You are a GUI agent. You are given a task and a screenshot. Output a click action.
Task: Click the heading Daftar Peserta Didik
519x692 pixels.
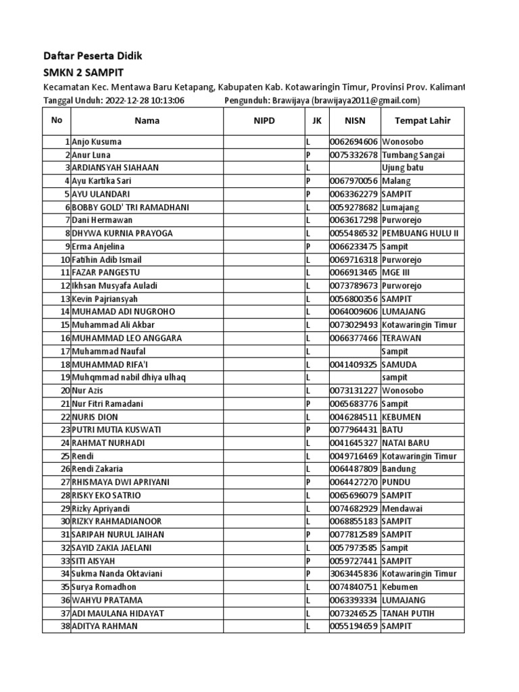coord(93,55)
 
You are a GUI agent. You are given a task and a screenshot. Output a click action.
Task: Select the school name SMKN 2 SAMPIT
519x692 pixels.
coord(83,72)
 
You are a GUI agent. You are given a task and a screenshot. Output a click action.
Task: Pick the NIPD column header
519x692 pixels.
coord(264,121)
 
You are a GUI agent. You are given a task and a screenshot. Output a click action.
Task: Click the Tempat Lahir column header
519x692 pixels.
coord(422,121)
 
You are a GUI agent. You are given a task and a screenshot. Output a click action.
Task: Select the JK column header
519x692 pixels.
coord(316,121)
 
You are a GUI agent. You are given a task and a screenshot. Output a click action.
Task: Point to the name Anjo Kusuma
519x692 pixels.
coord(97,142)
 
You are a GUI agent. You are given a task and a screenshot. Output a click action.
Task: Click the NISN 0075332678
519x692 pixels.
coord(354,155)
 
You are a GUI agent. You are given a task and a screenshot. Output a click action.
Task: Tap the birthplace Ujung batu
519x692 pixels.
coord(403,168)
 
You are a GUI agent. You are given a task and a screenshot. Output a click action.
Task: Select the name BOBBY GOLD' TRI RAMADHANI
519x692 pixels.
coord(130,207)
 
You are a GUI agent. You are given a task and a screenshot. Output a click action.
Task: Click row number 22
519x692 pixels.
coord(65,416)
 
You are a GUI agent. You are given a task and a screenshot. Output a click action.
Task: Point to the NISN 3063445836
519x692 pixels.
coord(354,574)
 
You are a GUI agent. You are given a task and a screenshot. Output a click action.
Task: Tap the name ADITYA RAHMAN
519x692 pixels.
coord(104,626)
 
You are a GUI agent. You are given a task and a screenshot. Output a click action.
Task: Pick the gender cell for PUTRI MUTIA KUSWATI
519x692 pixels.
coord(308,430)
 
